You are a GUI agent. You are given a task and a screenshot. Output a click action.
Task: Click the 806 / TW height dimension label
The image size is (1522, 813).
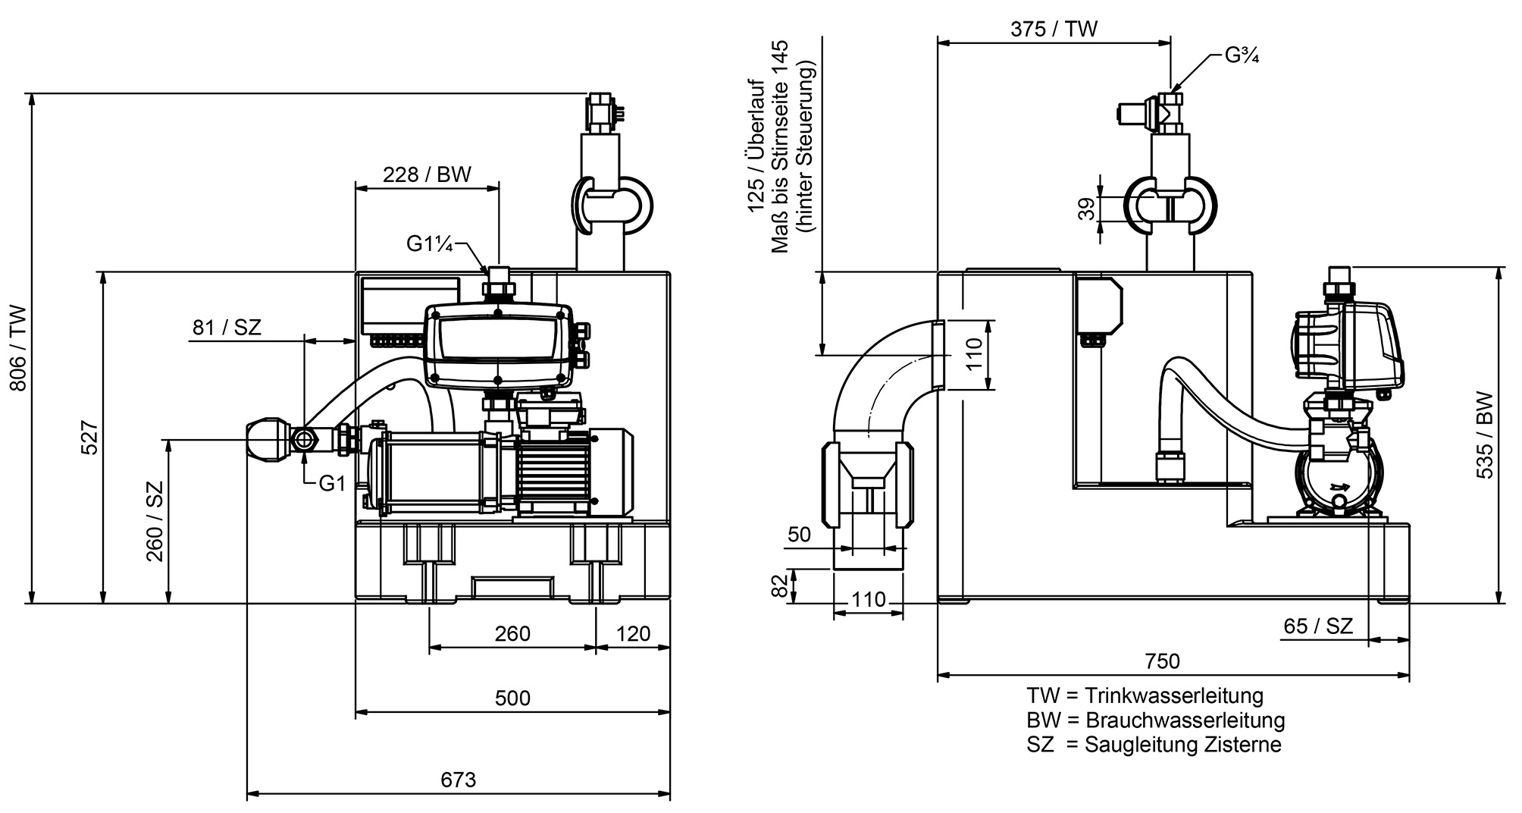18,348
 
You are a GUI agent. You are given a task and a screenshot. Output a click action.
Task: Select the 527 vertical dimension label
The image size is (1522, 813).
89,438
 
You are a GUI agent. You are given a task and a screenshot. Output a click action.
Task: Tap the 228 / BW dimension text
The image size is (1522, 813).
427,174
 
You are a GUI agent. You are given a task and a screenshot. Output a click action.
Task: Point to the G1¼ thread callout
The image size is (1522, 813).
429,243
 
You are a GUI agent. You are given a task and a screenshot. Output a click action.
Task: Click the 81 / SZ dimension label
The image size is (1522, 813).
227,328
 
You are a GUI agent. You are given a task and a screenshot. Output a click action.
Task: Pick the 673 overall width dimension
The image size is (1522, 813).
459,780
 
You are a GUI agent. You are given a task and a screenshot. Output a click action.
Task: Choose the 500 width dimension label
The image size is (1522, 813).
512,698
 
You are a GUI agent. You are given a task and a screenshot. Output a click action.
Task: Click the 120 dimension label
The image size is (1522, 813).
633,633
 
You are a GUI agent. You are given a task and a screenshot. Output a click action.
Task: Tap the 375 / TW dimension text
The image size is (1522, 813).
1054,29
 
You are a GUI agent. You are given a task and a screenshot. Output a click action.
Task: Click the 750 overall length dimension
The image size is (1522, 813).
1163,661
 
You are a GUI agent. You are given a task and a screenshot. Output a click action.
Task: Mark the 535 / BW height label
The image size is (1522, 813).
1485,435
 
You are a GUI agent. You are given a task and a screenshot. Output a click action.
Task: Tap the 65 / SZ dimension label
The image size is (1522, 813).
1318,626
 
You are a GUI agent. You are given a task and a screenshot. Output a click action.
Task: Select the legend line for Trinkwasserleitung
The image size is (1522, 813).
1145,695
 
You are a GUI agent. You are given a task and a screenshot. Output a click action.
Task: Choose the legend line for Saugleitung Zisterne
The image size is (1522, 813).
1154,745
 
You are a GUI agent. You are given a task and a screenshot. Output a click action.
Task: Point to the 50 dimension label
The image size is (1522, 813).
799,535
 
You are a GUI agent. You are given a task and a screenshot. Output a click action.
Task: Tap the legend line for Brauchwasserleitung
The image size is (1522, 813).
1156,720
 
